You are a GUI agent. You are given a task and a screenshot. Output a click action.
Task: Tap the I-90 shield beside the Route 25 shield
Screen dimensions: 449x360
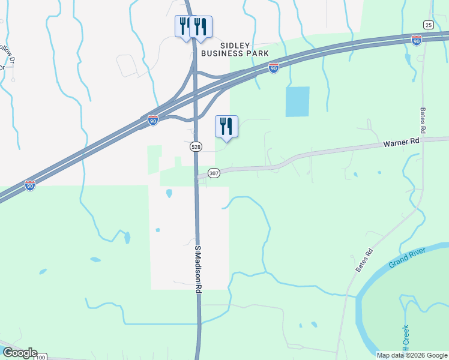[x=417, y=40]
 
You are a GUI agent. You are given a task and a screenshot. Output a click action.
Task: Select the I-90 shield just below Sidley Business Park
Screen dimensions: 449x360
[x=273, y=68]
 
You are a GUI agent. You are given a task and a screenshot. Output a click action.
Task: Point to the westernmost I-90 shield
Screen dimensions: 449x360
[x=30, y=185]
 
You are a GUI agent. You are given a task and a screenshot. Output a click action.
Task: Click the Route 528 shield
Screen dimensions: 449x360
[x=196, y=146]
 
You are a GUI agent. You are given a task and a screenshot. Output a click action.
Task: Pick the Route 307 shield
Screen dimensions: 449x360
[x=214, y=173]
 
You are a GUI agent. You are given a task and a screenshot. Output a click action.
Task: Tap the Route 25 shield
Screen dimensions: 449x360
[x=428, y=25]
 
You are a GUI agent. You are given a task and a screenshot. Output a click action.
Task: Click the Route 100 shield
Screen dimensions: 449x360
[x=40, y=357]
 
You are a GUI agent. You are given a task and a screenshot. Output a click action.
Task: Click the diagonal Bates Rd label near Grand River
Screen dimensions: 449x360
[x=364, y=260]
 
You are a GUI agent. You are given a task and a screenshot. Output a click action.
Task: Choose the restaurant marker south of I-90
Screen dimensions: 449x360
[x=226, y=127]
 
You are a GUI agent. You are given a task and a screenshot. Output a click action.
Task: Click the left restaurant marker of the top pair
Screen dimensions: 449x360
[x=184, y=26]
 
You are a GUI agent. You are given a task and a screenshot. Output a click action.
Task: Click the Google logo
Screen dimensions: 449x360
[x=19, y=353]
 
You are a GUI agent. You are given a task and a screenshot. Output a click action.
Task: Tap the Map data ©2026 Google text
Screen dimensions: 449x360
[x=412, y=355]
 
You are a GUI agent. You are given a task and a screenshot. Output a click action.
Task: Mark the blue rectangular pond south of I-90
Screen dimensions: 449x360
[x=298, y=101]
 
